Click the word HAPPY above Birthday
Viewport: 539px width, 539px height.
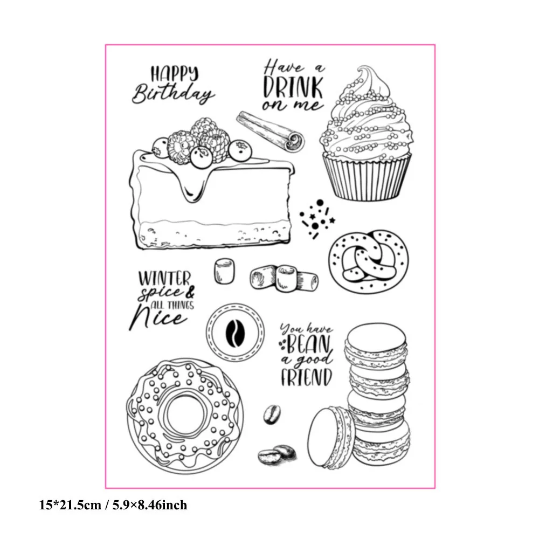click(x=175, y=73)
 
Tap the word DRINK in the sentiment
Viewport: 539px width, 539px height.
click(x=293, y=87)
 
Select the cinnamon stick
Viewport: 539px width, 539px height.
click(x=271, y=132)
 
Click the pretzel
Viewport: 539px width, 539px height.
click(x=368, y=261)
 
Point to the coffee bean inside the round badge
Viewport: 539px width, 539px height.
click(x=235, y=333)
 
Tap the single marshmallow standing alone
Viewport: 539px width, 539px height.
click(x=224, y=272)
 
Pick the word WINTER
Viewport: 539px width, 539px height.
click(x=164, y=278)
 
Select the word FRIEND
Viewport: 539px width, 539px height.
click(x=307, y=377)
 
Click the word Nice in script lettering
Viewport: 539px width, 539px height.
click(x=157, y=317)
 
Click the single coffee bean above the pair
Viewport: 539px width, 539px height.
click(x=272, y=414)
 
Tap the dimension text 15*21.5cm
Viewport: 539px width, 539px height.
click(x=70, y=505)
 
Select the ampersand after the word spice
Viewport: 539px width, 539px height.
click(x=189, y=292)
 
